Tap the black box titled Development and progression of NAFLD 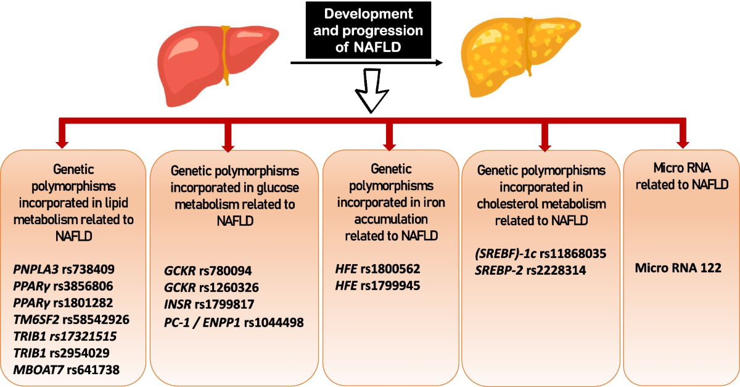[x=360, y=30]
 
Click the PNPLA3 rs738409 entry [x=64, y=270]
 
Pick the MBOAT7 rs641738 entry [x=67, y=370]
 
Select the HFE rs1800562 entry [x=377, y=270]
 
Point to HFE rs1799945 [x=377, y=286]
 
